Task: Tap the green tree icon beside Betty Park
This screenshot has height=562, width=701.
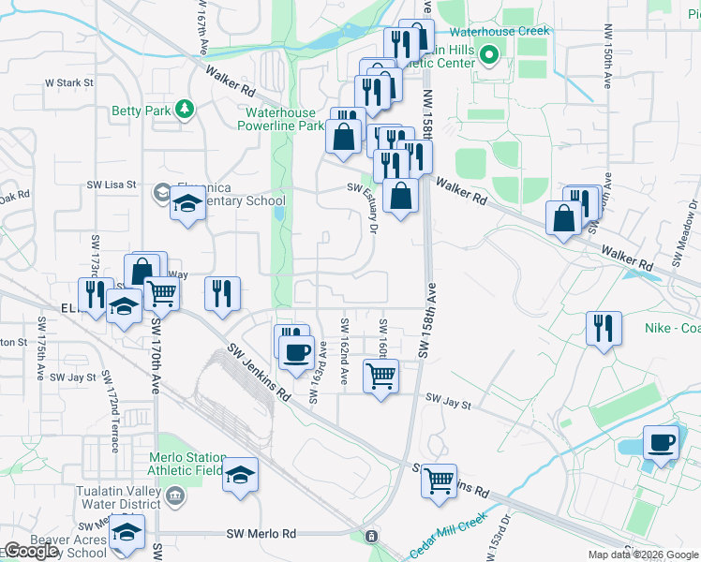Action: click(x=186, y=111)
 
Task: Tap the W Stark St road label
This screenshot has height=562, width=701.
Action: click(x=69, y=82)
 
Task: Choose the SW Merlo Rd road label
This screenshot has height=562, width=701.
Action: click(x=261, y=533)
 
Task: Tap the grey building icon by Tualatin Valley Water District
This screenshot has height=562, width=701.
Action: click(x=174, y=494)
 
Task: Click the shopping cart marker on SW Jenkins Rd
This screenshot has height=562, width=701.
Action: click(x=438, y=481)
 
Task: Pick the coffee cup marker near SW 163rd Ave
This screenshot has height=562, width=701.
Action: click(x=297, y=352)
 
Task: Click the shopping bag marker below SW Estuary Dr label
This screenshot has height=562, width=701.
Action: click(x=400, y=196)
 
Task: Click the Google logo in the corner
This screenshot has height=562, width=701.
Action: click(x=31, y=551)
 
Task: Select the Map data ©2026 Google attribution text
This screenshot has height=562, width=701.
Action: click(x=643, y=555)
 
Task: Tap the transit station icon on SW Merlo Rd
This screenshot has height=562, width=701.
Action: click(x=372, y=536)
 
